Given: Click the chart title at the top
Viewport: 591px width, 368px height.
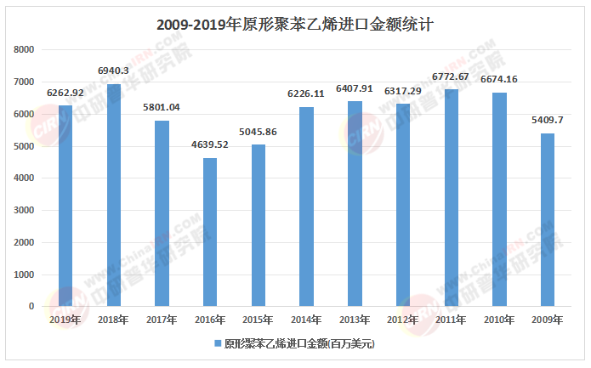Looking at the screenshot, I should [295, 25].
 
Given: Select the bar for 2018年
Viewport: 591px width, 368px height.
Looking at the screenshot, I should [114, 195].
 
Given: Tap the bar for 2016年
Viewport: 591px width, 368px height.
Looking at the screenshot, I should [210, 232].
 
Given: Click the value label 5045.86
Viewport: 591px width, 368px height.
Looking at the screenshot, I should [259, 132].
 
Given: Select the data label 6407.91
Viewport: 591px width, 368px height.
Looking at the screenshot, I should [355, 88].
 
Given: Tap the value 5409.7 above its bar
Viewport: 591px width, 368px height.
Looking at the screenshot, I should [548, 120].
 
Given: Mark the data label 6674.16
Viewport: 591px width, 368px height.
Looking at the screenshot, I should [499, 79].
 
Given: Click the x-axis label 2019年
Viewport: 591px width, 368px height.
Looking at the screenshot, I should [65, 320].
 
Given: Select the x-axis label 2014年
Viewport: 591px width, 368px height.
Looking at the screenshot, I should [306, 320].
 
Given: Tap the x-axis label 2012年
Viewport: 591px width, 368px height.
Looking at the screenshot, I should [403, 320].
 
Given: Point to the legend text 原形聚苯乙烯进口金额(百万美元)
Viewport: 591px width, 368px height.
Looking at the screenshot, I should [298, 345].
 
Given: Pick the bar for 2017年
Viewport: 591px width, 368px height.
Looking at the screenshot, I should [162, 213].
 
